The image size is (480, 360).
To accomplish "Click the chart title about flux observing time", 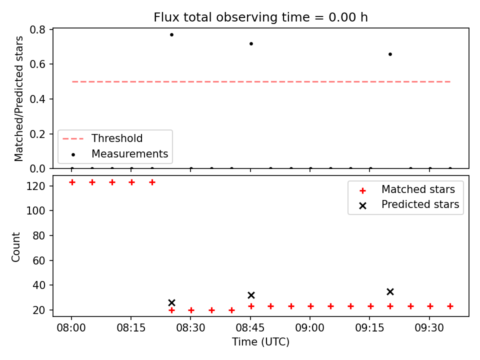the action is [x=260, y=17].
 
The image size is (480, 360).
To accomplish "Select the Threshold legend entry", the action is [x=102, y=138].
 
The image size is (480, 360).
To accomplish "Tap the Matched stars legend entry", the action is [x=407, y=189].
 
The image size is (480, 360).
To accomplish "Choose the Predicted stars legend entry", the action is [x=409, y=204].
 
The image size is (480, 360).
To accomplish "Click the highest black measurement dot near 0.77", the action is [x=171, y=34].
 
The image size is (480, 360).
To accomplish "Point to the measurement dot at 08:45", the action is [x=251, y=44].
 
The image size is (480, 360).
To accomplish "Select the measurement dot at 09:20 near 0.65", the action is [x=390, y=54].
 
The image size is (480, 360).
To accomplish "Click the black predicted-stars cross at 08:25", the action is [x=171, y=303].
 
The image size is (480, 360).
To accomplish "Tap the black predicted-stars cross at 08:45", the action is [x=251, y=295].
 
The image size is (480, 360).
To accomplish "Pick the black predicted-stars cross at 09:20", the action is [x=390, y=291].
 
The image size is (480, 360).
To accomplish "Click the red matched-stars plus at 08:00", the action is [x=72, y=182].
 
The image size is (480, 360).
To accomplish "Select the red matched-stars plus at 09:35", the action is [x=450, y=306].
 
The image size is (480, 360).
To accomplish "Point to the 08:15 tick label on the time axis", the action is [x=131, y=328].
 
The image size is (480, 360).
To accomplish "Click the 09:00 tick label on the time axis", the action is [x=310, y=328].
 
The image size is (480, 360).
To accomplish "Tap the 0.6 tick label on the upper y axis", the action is [x=37, y=64].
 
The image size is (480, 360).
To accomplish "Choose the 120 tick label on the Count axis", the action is [x=35, y=186].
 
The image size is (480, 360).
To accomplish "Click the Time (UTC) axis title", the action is [x=260, y=341].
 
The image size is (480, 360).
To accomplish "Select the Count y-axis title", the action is [x=15, y=247].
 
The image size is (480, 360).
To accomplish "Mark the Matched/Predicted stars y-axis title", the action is [x=18, y=98].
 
